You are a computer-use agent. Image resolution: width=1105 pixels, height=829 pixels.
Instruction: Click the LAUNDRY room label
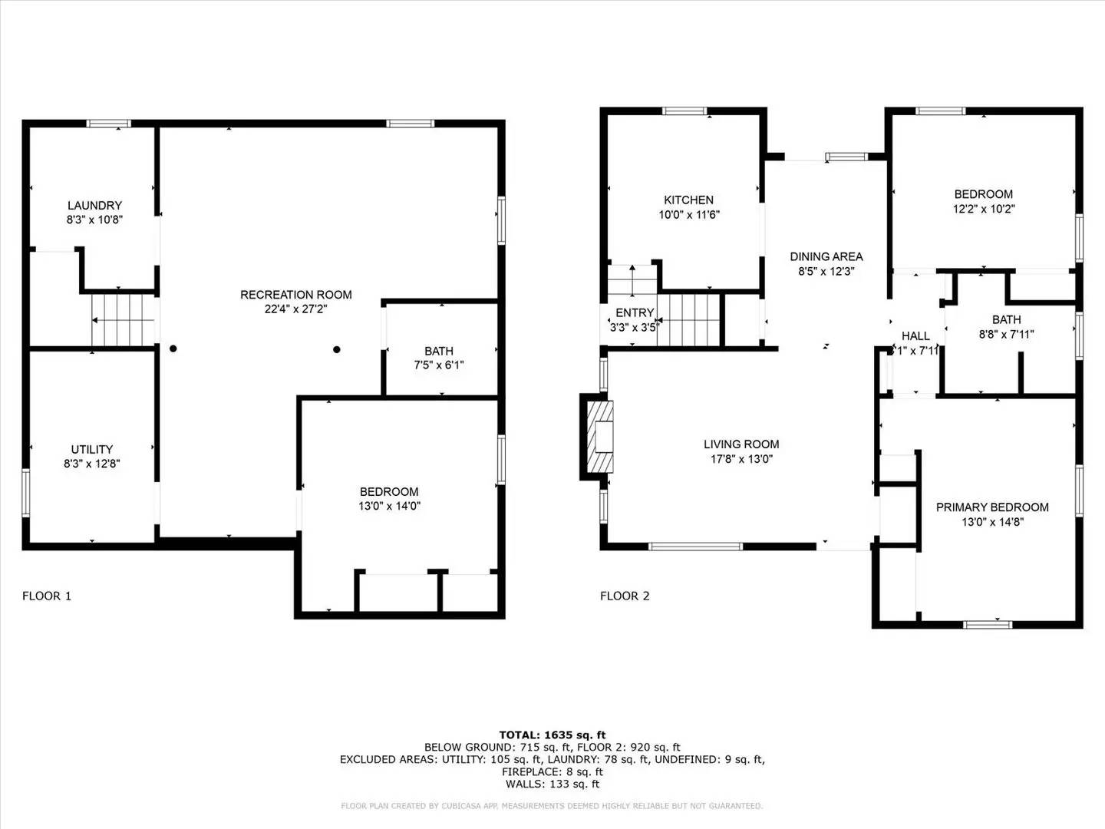(x=94, y=205)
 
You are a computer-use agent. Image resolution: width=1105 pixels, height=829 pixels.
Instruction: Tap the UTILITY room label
(x=92, y=449)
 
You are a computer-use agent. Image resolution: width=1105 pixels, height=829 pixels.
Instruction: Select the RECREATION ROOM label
(x=295, y=294)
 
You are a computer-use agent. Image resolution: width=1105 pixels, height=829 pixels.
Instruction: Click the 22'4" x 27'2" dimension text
(x=295, y=309)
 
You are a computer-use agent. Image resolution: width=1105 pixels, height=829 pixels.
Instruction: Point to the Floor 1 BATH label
(x=439, y=351)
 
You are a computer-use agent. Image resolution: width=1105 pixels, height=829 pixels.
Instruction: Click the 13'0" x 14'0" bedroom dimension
(x=389, y=506)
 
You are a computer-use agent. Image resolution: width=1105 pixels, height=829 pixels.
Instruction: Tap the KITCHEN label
(x=688, y=200)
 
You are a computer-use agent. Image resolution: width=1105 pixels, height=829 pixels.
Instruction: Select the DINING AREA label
(x=826, y=256)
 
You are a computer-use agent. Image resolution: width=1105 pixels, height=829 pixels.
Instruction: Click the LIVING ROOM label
(x=741, y=444)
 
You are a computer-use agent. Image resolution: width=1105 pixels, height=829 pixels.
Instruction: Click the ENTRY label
(x=635, y=312)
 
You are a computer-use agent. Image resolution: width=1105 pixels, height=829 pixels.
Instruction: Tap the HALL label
(x=915, y=335)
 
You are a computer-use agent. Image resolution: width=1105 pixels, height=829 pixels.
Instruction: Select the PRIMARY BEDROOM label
(x=991, y=507)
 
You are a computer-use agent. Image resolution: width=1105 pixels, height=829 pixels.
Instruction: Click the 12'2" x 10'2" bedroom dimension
(x=983, y=209)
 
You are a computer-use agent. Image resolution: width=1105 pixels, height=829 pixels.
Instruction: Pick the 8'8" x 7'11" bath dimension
(x=1006, y=334)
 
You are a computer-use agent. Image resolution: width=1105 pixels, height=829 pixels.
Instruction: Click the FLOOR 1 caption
(x=47, y=596)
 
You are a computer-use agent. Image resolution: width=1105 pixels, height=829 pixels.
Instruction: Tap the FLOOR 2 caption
(x=625, y=596)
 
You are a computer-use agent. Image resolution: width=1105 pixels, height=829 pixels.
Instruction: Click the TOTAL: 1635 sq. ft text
(x=552, y=735)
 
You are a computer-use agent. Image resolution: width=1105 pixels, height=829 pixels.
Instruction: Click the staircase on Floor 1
(x=123, y=320)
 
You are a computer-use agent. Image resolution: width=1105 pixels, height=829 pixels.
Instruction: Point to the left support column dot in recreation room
(x=173, y=348)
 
